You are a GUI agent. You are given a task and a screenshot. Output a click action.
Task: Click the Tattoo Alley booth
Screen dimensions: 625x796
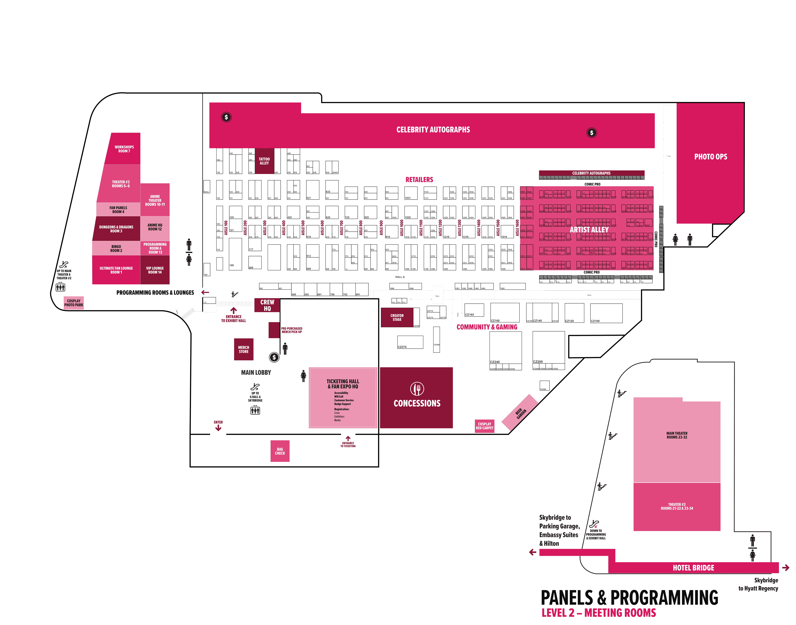coord(264,161)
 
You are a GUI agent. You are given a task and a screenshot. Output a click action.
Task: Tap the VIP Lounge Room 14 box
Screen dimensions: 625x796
coord(155,270)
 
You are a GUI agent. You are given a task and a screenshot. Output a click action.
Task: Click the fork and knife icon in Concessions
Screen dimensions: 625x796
coord(417,389)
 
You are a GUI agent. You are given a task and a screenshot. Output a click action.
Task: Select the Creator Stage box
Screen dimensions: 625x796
coord(397,317)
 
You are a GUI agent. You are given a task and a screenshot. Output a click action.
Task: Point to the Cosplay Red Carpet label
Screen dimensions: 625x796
coord(484,426)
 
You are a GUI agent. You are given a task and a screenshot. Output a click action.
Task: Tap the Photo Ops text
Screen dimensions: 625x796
coord(710,157)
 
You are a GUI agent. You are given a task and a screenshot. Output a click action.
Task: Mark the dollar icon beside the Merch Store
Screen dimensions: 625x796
coord(274,357)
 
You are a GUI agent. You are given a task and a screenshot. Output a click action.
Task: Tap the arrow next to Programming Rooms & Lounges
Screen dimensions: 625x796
coord(205,292)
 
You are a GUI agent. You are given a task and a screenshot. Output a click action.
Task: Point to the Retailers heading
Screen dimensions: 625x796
coord(419,180)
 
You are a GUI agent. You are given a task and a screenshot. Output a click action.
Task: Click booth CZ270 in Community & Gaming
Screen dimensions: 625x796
coord(410,342)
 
